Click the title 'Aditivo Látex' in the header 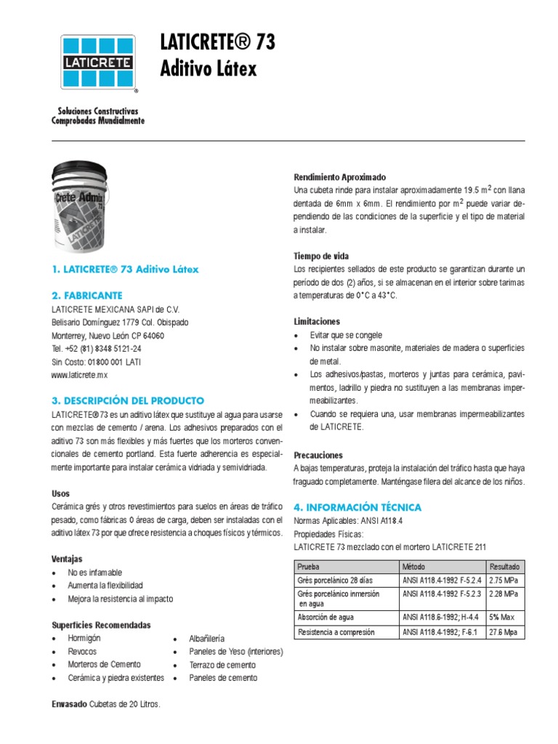tap(208, 69)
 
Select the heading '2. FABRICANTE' tap(87, 296)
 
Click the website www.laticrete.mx tap(80, 375)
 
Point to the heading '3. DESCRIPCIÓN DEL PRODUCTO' tap(128, 400)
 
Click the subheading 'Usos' tap(61, 493)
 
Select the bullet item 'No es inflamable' tap(95, 573)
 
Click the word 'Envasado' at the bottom tap(69, 705)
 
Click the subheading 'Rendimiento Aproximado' tap(339, 177)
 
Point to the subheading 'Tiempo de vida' tap(321, 256)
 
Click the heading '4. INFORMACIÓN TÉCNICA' tap(357, 507)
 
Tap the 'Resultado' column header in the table tap(504, 566)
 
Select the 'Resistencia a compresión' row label tap(336, 632)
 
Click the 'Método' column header tap(415, 566)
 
